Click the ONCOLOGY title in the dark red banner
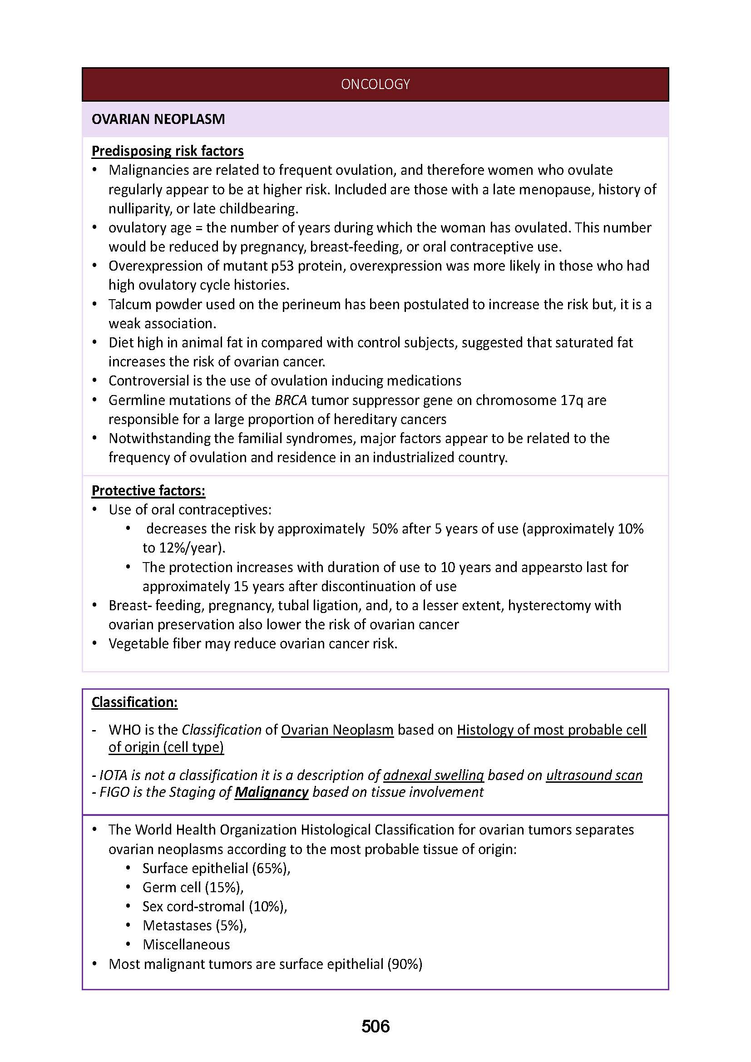point(375,84)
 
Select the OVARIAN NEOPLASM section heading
point(158,119)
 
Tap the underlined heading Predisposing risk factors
point(168,151)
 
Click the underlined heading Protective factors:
point(148,490)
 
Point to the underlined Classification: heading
point(134,702)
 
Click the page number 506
point(375,1026)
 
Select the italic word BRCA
point(291,400)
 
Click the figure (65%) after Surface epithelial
point(271,868)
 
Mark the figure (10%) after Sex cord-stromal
point(268,906)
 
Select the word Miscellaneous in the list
point(186,944)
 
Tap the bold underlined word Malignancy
point(271,792)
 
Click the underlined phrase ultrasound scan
point(594,775)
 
